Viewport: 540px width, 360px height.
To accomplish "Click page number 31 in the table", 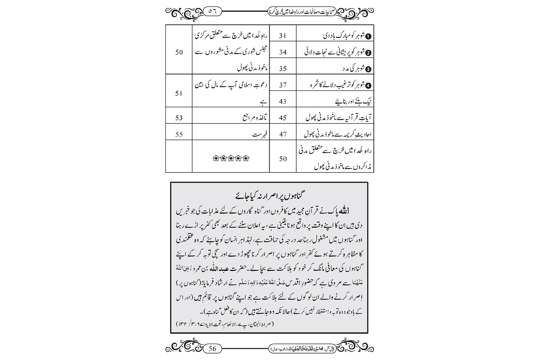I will tap(283, 36).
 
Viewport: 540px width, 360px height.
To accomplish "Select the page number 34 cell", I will tap(283, 52).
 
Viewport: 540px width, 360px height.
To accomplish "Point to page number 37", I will tap(283, 85).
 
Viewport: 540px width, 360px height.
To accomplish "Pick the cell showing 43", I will tap(283, 102).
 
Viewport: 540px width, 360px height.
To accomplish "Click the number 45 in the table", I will tap(283, 118).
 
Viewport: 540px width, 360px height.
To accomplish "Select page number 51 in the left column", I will tap(179, 93).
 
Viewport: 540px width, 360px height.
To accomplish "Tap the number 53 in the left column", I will tap(179, 118).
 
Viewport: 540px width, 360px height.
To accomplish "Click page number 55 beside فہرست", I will tap(179, 134).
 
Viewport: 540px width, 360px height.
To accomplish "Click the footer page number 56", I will tap(212, 348).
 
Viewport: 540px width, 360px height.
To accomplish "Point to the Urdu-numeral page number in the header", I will tap(212, 11).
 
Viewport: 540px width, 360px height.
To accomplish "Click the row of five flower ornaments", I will tap(231, 158).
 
